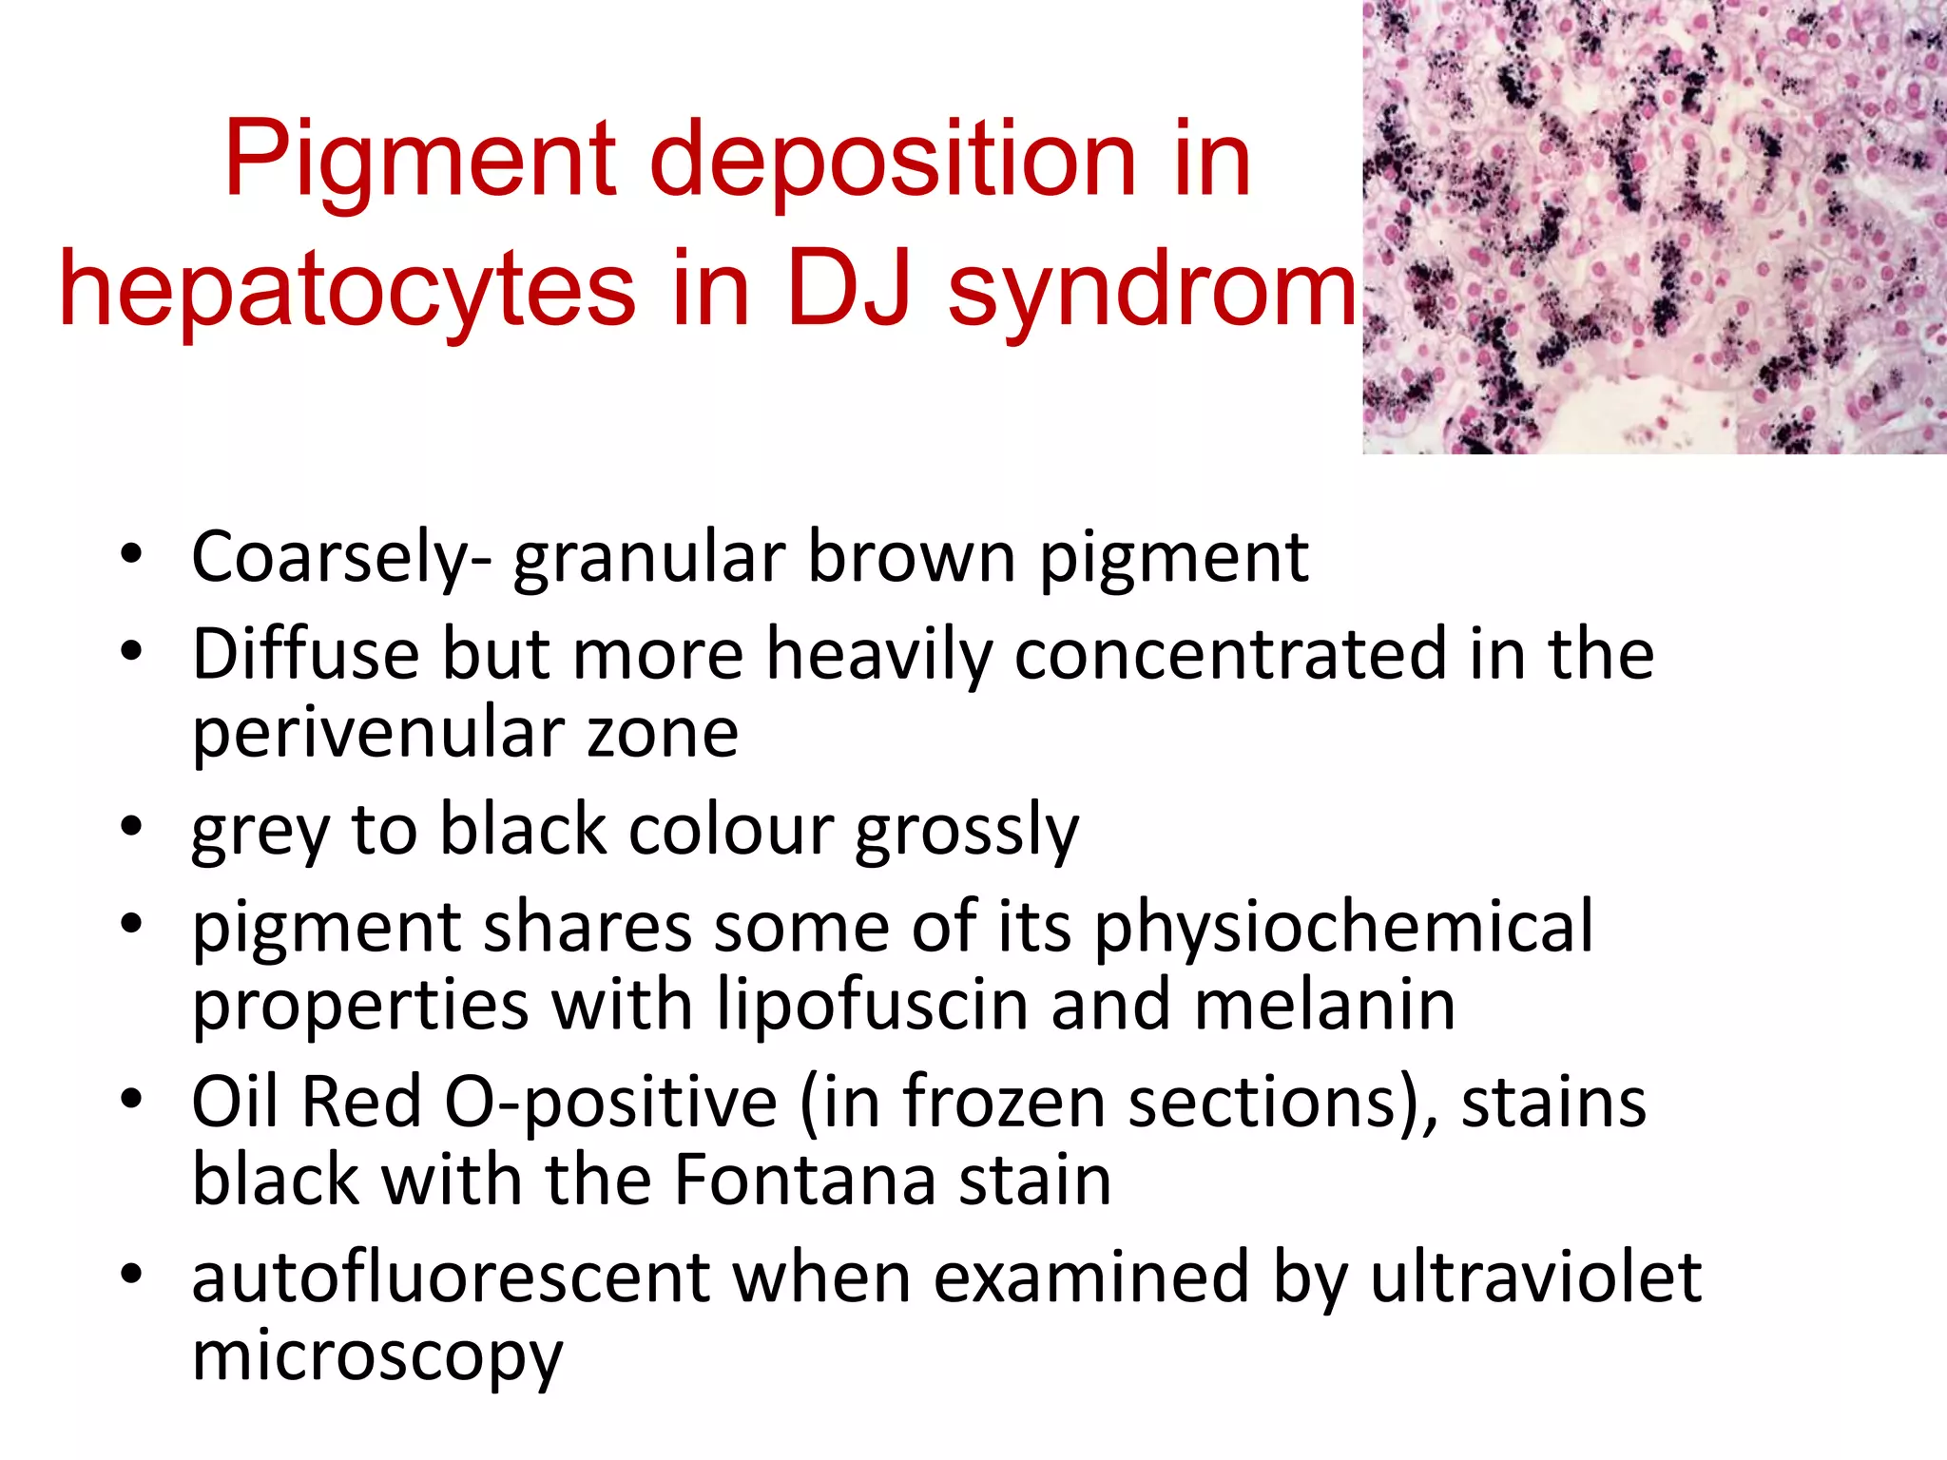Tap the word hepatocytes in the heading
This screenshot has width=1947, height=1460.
pyautogui.click(x=347, y=291)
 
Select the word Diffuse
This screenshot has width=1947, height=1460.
pyautogui.click(x=305, y=655)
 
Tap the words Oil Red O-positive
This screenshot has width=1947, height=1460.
pyautogui.click(x=484, y=1104)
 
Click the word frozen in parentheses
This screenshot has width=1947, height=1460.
pyautogui.click(x=1002, y=1104)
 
